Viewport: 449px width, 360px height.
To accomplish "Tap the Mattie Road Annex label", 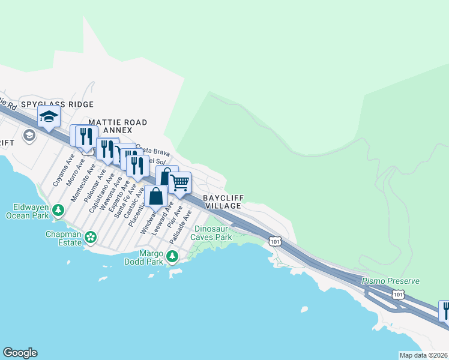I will pyautogui.click(x=117, y=126).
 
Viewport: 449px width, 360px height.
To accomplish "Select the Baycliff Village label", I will pyautogui.click(x=221, y=201).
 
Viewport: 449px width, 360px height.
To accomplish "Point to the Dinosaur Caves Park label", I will pyautogui.click(x=211, y=233).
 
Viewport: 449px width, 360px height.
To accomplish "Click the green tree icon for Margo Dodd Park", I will pyautogui.click(x=172, y=257).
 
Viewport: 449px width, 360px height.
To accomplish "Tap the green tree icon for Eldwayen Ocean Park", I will pyautogui.click(x=58, y=210).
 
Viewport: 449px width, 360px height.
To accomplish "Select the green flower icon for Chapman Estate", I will pyautogui.click(x=91, y=238).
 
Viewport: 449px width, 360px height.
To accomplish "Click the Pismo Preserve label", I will pyautogui.click(x=390, y=281).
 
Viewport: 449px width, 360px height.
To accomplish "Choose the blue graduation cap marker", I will pyautogui.click(x=49, y=117).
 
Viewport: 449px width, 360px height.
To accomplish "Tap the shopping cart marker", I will pyautogui.click(x=179, y=183).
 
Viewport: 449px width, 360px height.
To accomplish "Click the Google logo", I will pyautogui.click(x=20, y=353).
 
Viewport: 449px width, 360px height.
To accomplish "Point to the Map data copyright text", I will pyautogui.click(x=423, y=355).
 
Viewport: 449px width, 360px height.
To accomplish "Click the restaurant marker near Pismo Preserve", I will pyautogui.click(x=445, y=311).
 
